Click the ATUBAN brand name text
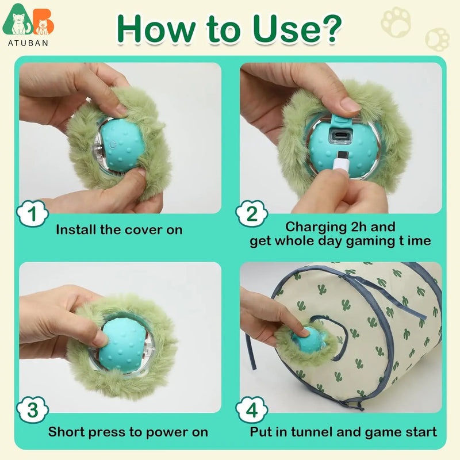[28, 43]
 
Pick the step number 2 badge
[251, 214]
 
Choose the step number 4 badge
[251, 411]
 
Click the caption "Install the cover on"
[119, 230]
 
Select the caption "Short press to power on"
[128, 432]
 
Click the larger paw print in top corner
[396, 21]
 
